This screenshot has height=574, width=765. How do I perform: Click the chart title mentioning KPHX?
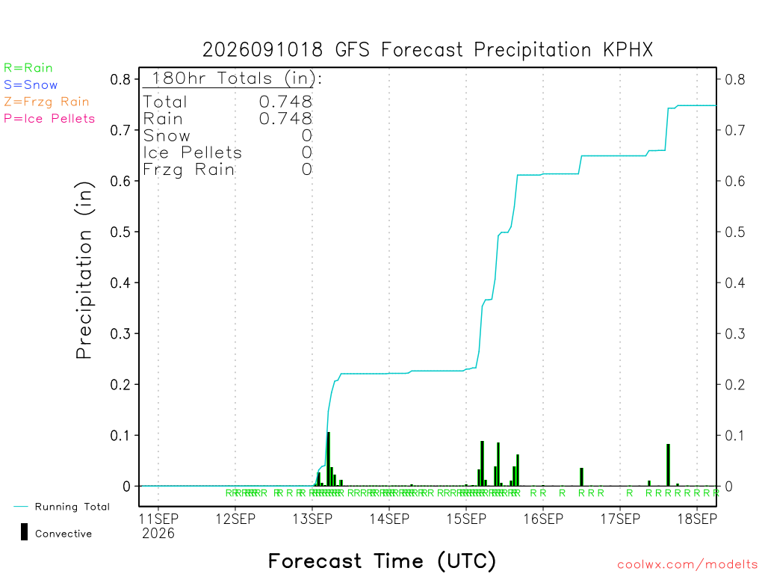point(427,50)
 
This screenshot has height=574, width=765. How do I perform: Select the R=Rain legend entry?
point(28,68)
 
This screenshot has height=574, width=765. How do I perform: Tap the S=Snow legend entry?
point(31,85)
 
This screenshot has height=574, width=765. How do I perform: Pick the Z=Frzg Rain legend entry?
point(46,102)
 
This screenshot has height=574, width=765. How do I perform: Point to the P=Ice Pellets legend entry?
point(49,119)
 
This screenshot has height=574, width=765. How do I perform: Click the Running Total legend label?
point(72,507)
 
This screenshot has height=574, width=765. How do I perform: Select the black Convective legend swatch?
point(24,532)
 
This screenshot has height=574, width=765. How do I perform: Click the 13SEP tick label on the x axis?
point(312,519)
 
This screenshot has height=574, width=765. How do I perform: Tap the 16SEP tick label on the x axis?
point(543,519)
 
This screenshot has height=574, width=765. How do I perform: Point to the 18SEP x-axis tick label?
point(697,519)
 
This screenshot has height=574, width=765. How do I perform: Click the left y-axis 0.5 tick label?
point(120,232)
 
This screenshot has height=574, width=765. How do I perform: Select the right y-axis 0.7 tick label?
point(735,130)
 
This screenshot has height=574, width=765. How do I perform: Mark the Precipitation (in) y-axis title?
point(84,271)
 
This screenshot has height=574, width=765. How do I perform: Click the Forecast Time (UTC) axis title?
point(382,561)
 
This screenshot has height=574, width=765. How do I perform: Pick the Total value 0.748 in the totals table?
point(285,102)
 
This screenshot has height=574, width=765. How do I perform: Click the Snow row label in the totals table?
point(167,136)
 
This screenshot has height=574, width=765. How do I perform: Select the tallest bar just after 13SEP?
point(329,459)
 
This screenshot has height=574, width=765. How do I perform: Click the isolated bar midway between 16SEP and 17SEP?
point(581,477)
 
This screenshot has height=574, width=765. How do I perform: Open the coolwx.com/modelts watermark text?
point(688,565)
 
